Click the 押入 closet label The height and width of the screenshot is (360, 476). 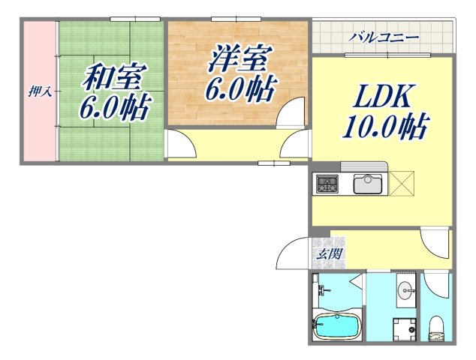[x=39, y=92]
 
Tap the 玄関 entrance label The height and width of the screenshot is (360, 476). [x=328, y=254]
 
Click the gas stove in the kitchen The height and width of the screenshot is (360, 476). [x=328, y=184]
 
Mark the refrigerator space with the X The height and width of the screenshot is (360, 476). [x=402, y=183]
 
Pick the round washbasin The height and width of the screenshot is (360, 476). [x=406, y=289]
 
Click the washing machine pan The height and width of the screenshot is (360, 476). [x=407, y=327]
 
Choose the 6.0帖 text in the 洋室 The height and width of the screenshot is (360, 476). [x=239, y=90]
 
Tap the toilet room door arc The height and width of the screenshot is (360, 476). [x=435, y=287]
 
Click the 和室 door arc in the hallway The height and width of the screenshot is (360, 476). [x=178, y=142]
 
